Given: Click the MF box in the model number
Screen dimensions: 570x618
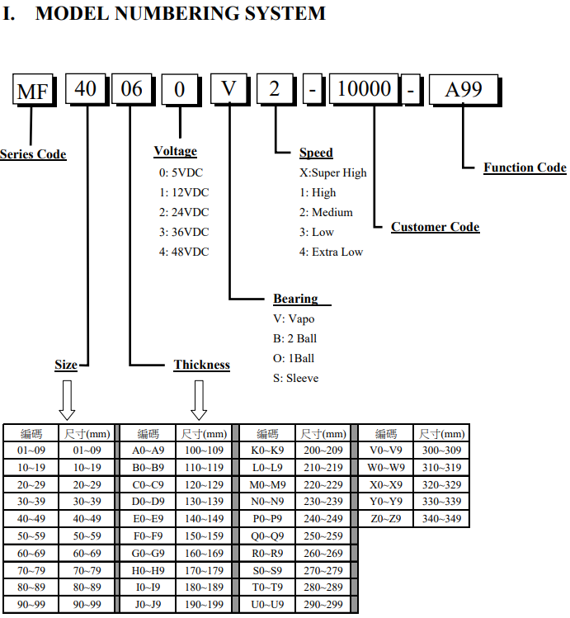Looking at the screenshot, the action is [34, 90].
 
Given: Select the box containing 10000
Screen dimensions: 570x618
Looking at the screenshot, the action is [365, 89].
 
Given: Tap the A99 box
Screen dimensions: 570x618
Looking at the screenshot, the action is [464, 90].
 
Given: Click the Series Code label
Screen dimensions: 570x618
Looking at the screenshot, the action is [33, 154].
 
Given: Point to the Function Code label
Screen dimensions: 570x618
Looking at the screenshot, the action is [525, 167].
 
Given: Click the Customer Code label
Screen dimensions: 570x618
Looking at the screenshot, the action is [436, 227].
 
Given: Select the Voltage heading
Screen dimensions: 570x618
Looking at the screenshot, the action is [176, 151].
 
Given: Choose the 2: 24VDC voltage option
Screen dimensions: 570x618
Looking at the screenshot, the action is [184, 212].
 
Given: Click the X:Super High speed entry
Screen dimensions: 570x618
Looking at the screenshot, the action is [333, 172].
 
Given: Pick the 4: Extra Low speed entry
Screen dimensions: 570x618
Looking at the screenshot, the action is [331, 252].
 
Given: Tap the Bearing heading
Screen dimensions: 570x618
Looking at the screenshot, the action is [296, 299].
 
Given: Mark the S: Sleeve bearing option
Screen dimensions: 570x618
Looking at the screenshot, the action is [296, 379].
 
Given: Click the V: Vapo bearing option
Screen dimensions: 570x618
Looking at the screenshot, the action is [294, 318].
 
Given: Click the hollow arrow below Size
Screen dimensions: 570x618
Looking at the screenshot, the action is [67, 400].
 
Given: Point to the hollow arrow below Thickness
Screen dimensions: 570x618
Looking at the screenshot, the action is [199, 400].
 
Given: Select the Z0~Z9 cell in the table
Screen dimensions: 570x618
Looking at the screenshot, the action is [386, 519].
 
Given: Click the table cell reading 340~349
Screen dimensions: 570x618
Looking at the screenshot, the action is [441, 519].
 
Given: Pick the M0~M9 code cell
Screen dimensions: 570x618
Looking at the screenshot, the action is [267, 485].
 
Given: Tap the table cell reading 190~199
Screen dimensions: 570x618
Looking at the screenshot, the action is [204, 604].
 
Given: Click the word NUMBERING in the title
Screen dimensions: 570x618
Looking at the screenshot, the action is [177, 13].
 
